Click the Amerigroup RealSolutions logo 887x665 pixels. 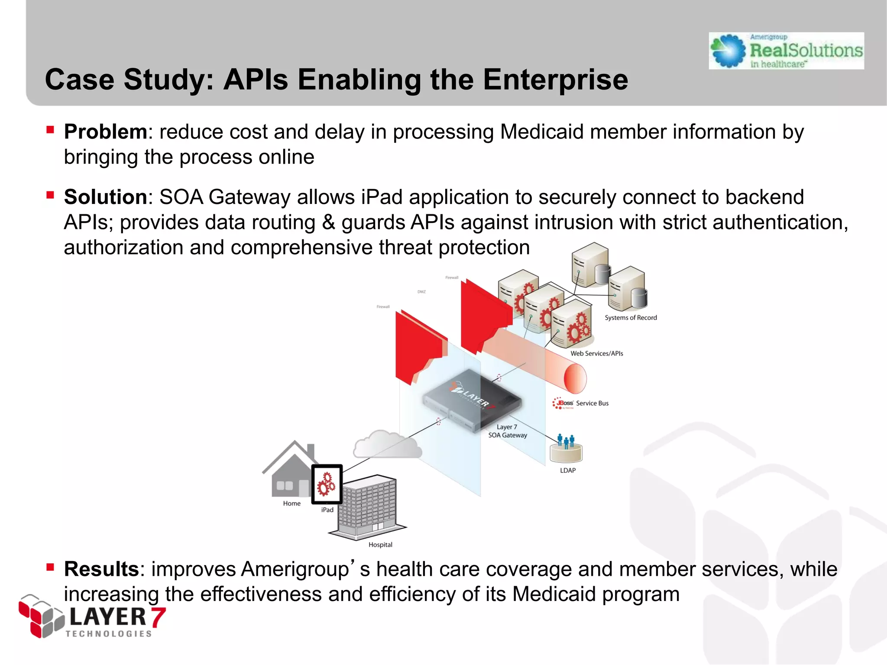pos(786,51)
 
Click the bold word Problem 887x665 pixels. pos(106,132)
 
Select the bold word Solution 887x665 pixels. pos(106,197)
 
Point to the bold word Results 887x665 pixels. pos(101,569)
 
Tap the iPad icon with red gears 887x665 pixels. pos(327,484)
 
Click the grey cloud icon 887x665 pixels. pos(386,445)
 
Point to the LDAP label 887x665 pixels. pos(567,471)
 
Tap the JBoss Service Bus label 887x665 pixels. pos(580,404)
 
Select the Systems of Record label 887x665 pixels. pos(631,318)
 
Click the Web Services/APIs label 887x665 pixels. pos(596,354)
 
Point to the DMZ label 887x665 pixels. pos(421,292)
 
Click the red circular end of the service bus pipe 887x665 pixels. pos(575,378)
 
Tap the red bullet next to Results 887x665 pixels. pos(50,567)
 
